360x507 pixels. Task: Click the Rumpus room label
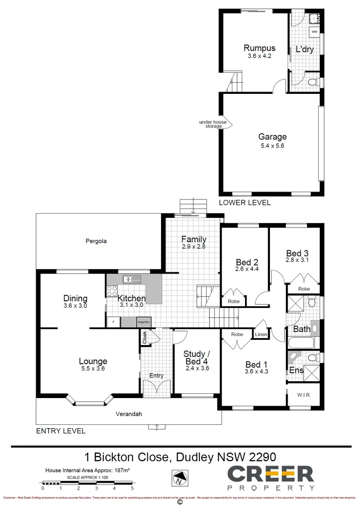259,48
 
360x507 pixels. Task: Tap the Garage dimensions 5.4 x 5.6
272,146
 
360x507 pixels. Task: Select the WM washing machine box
314,31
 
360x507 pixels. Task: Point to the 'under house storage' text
213,124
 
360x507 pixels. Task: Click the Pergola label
96,241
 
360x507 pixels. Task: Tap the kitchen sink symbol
132,280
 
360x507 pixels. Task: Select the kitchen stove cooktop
112,291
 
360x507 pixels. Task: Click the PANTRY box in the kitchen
144,323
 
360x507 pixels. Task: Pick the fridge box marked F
113,323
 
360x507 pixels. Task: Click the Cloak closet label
145,337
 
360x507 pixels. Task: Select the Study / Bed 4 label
196,357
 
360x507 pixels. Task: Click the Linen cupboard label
261,334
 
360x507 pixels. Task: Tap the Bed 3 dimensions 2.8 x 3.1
297,260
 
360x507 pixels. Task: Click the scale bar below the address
87,483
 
